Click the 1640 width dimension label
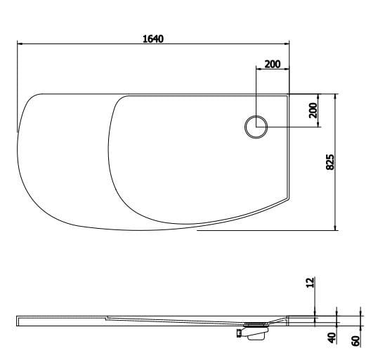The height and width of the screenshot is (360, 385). tap(153, 39)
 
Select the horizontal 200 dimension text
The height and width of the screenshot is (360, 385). tap(272, 65)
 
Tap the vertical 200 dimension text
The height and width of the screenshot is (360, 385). tap(313, 110)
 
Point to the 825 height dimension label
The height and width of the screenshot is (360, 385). tap(329, 162)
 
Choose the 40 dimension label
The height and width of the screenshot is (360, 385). tap(332, 337)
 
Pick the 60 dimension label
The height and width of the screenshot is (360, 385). tap(356, 340)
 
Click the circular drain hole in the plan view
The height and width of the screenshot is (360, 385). tap(256, 127)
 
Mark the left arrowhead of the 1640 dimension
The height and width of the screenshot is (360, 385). tap(20, 45)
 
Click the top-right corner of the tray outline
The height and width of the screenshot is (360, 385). tap(288, 95)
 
